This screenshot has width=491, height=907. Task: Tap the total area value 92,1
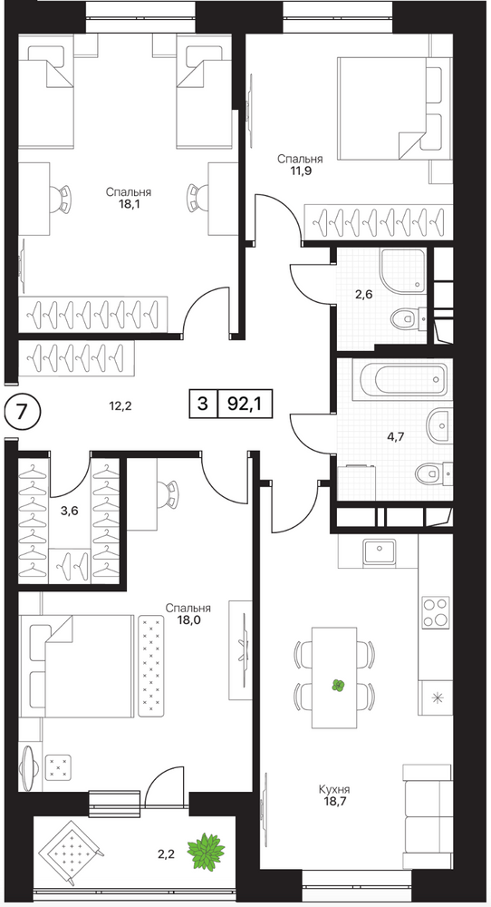pyautogui.click(x=245, y=404)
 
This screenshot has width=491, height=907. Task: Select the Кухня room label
pyautogui.click(x=334, y=789)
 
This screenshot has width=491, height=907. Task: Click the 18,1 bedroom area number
pyautogui.click(x=129, y=203)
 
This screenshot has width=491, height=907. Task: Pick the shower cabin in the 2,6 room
pyautogui.click(x=403, y=270)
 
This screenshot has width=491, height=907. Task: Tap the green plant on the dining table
pyautogui.click(x=338, y=686)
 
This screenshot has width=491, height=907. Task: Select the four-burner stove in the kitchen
pyautogui.click(x=436, y=612)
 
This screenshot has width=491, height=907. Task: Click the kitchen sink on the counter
pyautogui.click(x=380, y=551)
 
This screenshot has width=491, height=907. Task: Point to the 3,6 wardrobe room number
pyautogui.click(x=70, y=511)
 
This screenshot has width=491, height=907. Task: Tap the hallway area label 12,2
pyautogui.click(x=120, y=405)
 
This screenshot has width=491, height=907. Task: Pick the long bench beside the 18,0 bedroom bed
pyautogui.click(x=152, y=665)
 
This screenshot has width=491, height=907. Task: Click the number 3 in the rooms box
pyautogui.click(x=202, y=404)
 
